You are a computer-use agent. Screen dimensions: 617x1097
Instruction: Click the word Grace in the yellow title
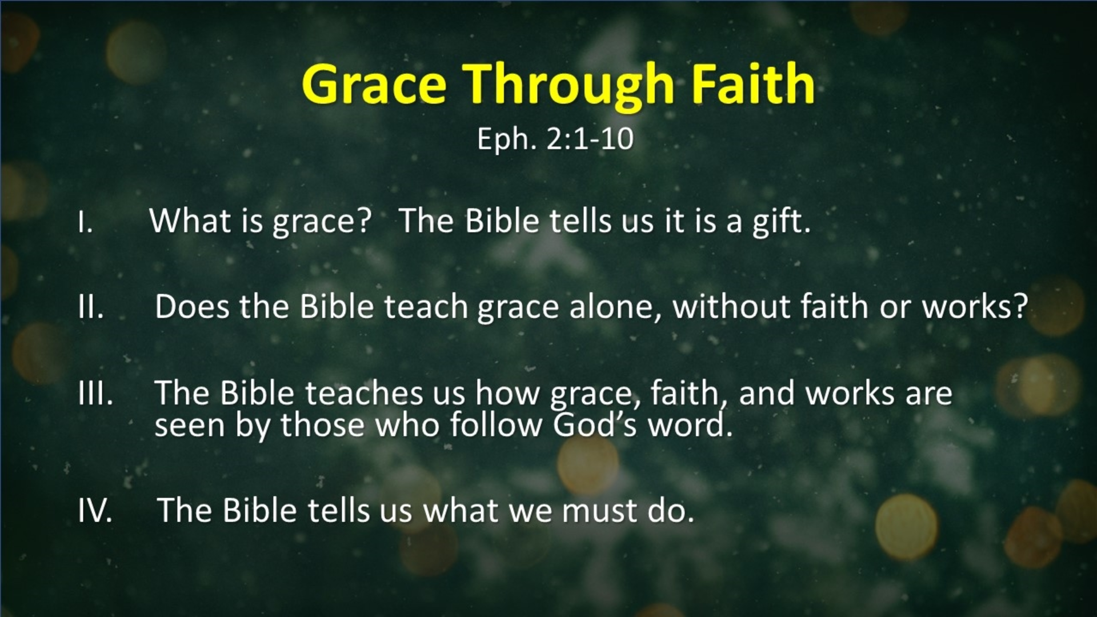374,85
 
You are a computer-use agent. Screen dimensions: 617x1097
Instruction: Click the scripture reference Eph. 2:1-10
555,139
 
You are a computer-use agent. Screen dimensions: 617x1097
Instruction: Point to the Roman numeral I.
85,222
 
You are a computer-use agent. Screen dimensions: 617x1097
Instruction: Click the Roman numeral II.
91,307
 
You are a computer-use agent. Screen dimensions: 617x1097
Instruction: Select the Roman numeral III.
95,393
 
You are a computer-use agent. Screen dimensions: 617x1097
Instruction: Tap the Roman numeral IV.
95,510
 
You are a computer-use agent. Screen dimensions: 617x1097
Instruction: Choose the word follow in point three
496,425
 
